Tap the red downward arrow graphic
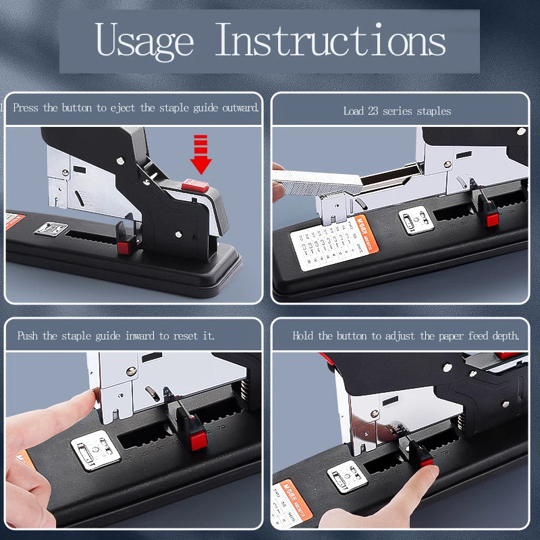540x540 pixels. tap(200, 154)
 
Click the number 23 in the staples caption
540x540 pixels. tap(373, 111)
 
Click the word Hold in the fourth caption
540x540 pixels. tap(303, 335)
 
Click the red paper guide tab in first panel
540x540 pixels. tap(124, 247)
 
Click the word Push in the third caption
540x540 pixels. tap(28, 335)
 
